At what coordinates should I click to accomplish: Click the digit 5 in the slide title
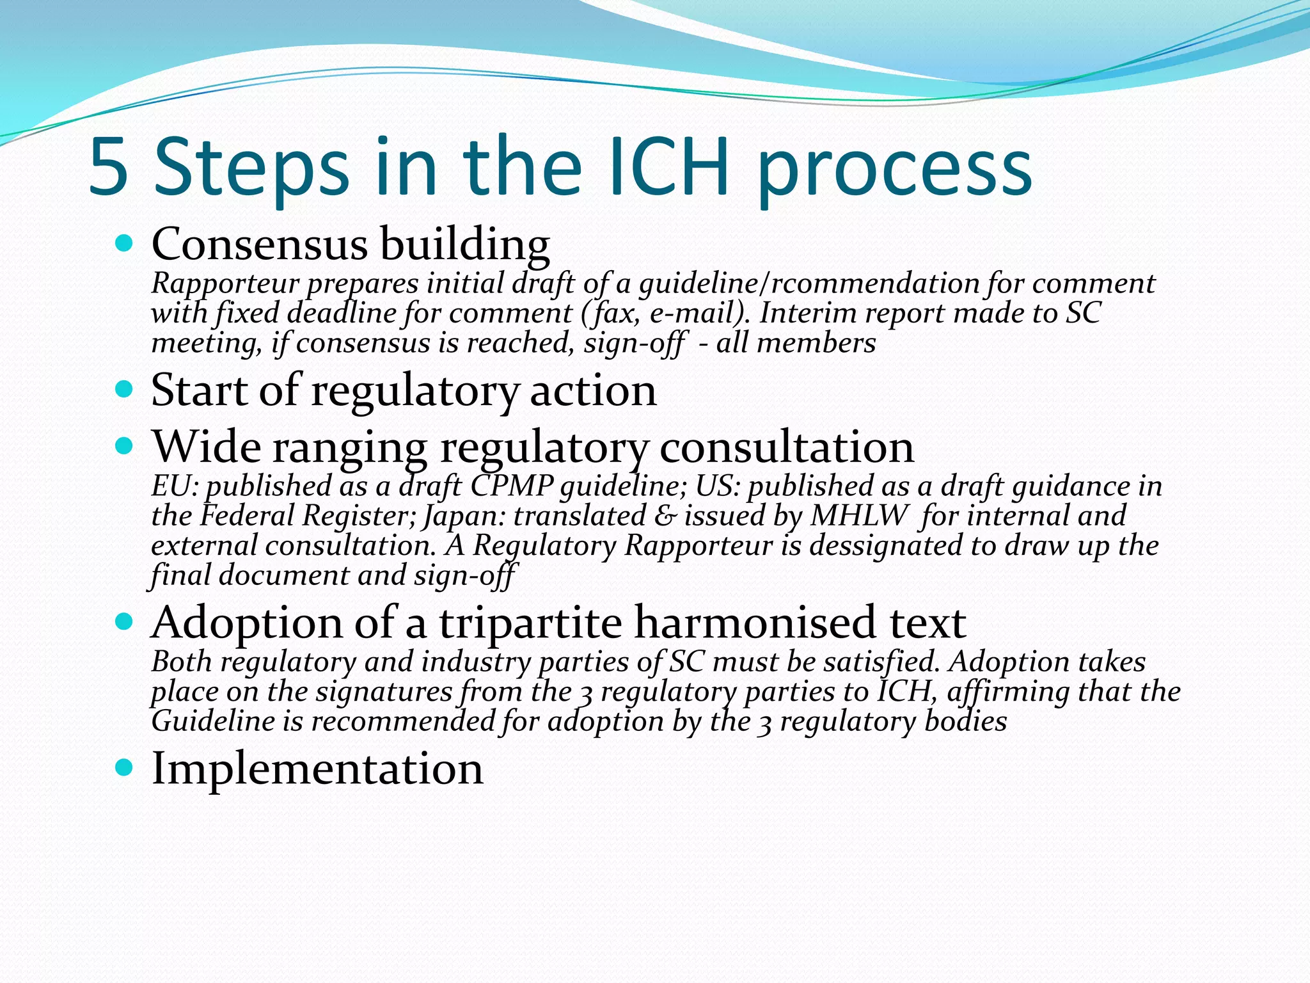point(109,168)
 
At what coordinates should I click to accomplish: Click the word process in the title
point(894,173)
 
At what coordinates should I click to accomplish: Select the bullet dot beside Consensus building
point(125,244)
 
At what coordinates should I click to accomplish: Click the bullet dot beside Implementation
point(125,767)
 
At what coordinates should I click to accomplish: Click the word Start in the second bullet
point(198,390)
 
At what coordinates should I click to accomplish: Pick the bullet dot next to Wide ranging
point(125,446)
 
